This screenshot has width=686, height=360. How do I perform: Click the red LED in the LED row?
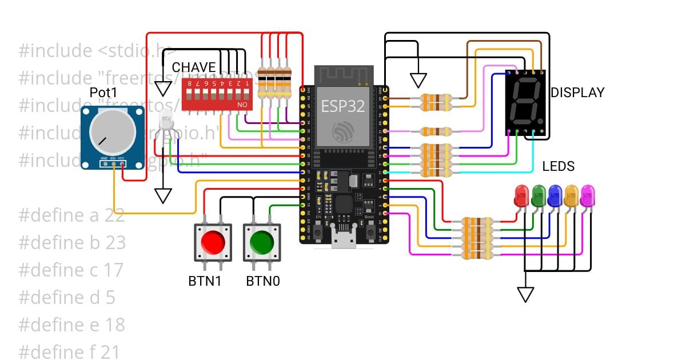(521, 195)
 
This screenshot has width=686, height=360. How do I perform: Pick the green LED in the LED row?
(538, 195)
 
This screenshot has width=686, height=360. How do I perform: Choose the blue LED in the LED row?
(555, 195)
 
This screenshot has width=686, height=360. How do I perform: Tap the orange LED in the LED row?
(571, 195)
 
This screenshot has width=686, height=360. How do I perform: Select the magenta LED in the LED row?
(587, 195)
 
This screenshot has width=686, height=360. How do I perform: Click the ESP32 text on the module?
(342, 106)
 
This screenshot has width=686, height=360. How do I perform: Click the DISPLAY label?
(577, 93)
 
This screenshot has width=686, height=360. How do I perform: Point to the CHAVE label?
(194, 67)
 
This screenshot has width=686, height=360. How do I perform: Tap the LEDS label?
(558, 166)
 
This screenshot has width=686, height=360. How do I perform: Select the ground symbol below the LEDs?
(525, 294)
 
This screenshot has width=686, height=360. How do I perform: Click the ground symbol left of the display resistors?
(418, 80)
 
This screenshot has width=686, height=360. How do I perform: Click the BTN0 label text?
(262, 281)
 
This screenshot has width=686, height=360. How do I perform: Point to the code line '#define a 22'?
(71, 215)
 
